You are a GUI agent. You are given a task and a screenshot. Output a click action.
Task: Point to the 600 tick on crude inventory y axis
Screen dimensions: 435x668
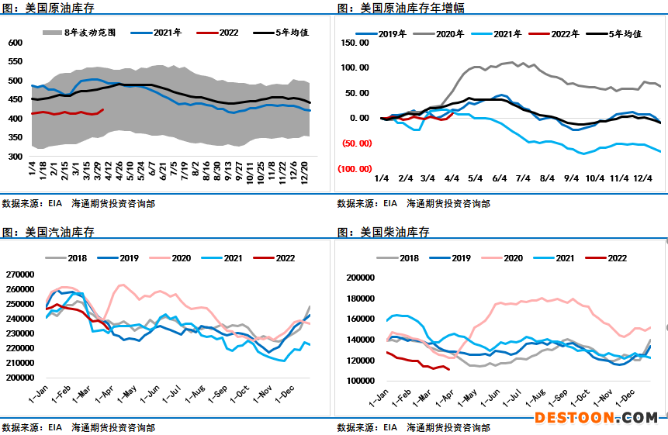[16, 42]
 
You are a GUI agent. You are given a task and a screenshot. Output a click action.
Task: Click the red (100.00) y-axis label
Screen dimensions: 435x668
[355, 168]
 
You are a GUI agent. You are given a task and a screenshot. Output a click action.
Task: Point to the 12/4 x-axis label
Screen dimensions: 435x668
[642, 178]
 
